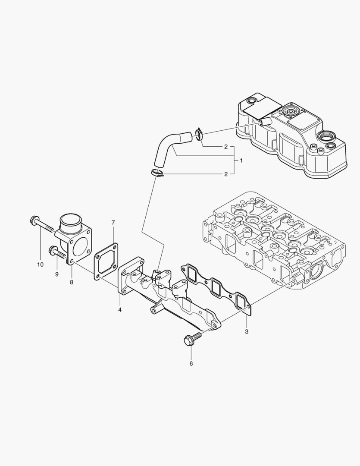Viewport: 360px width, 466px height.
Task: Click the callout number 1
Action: [x=241, y=161]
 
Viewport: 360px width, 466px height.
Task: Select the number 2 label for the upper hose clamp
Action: [x=225, y=147]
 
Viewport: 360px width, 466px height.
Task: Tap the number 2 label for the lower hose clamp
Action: [x=225, y=174]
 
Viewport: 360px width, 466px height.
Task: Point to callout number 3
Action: [x=247, y=331]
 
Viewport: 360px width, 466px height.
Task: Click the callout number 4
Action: [x=120, y=310]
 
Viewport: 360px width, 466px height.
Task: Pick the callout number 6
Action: [x=191, y=363]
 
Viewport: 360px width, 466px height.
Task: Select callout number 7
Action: [x=113, y=223]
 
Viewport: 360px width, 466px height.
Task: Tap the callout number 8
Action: [x=72, y=282]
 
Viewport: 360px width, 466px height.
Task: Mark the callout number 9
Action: [x=56, y=274]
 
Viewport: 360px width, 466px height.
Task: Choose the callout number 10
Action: [x=40, y=264]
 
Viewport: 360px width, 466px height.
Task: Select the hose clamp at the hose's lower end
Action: [x=157, y=173]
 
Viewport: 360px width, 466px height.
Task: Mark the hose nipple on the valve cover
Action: [x=265, y=123]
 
